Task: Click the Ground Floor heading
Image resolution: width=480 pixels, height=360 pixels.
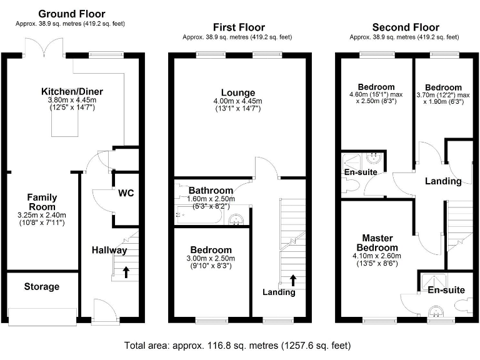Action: coord(72,14)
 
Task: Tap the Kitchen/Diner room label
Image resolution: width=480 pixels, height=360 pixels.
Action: coord(72,91)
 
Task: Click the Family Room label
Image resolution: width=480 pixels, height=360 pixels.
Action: coord(42,201)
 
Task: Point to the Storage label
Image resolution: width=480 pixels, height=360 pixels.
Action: coord(42,287)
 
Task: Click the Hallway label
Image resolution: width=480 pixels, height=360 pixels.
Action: coord(109,250)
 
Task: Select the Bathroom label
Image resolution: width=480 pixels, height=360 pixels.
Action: coord(211,191)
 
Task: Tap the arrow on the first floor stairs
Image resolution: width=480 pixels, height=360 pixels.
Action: coord(294,278)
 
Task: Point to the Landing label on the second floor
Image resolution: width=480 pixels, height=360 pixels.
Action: coord(443,181)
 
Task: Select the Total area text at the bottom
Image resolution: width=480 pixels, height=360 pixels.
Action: coord(237,345)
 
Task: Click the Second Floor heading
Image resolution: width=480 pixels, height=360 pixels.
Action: coord(405,27)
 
